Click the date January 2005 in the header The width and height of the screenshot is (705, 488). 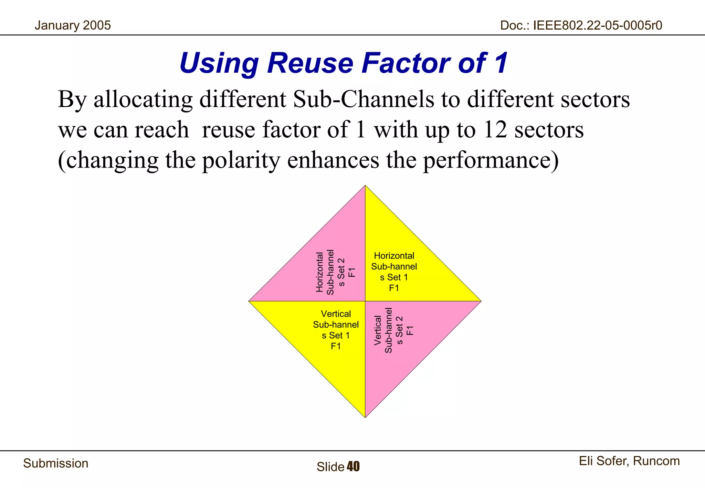pyautogui.click(x=73, y=25)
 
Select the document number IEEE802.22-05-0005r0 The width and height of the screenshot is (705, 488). pyautogui.click(x=597, y=25)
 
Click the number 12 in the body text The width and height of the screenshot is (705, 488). pyautogui.click(x=495, y=130)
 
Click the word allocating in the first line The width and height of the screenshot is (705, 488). pyautogui.click(x=143, y=99)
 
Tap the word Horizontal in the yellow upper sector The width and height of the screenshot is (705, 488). pyautogui.click(x=394, y=256)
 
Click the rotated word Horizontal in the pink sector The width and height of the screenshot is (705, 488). pyautogui.click(x=320, y=272)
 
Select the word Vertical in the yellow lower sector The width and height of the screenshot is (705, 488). pyautogui.click(x=336, y=314)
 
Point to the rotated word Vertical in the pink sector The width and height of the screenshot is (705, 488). pyautogui.click(x=378, y=330)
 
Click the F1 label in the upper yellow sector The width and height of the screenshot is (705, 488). pyautogui.click(x=394, y=288)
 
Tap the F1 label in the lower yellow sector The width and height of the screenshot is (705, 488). pyautogui.click(x=336, y=346)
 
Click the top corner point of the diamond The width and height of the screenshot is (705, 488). pyautogui.click(x=365, y=186)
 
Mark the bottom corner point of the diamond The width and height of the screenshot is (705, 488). pyautogui.click(x=365, y=417)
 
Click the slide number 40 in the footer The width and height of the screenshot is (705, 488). pyautogui.click(x=353, y=467)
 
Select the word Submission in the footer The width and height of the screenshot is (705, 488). pyautogui.click(x=56, y=463)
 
